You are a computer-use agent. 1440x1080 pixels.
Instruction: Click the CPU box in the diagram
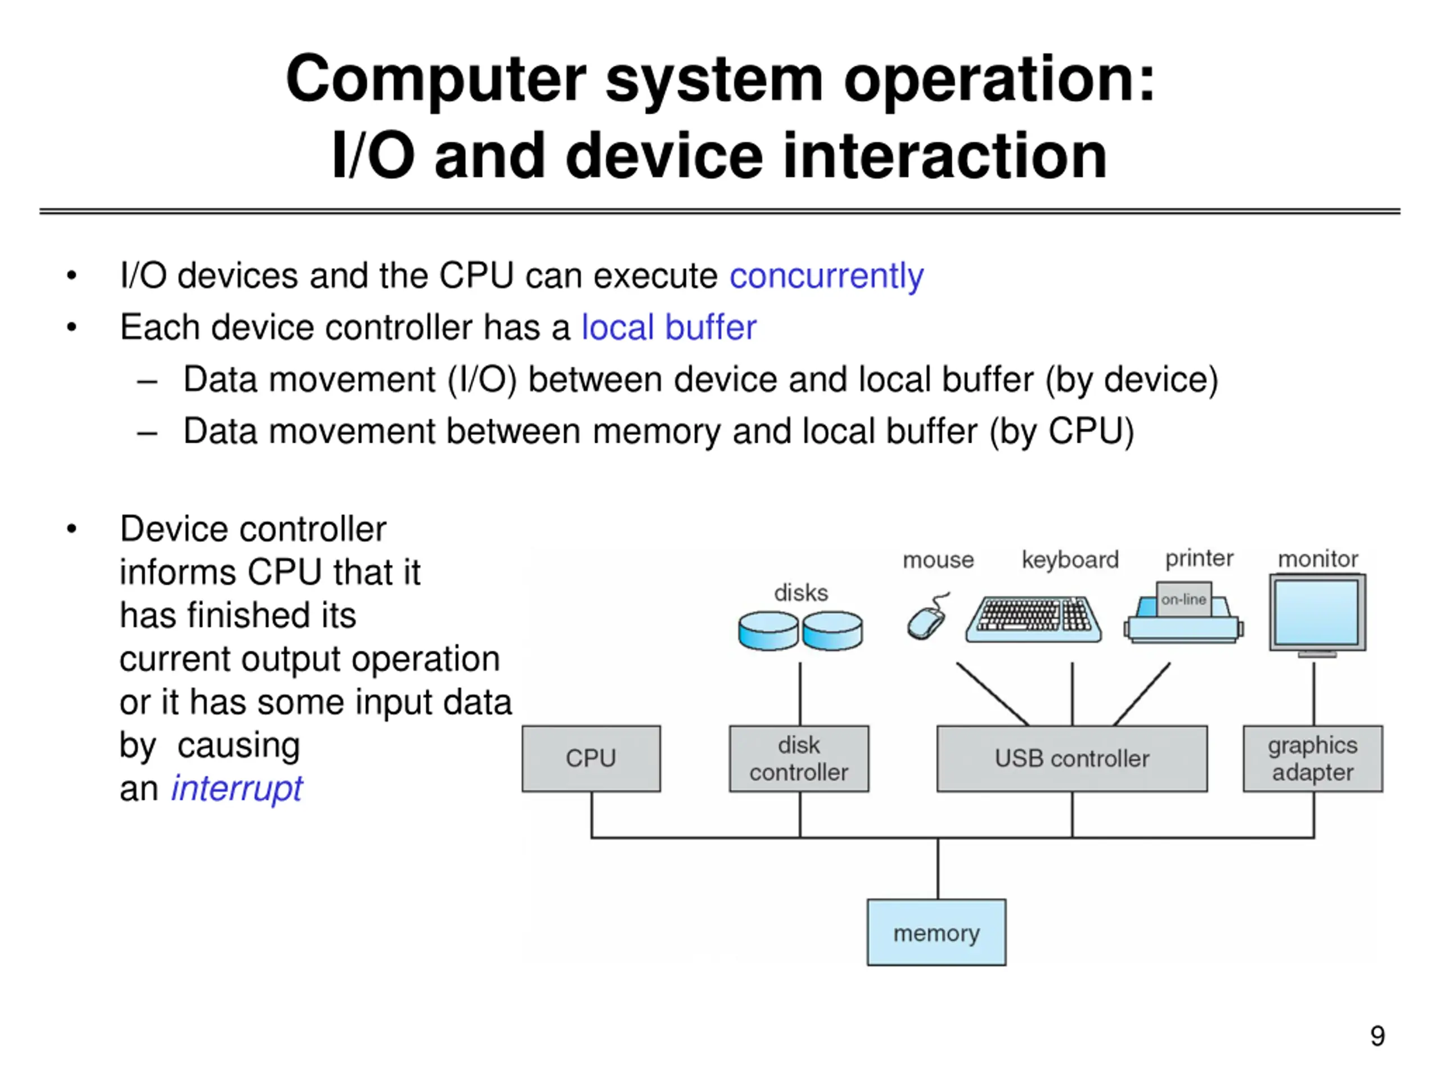click(591, 758)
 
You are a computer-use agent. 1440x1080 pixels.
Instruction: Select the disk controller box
click(799, 758)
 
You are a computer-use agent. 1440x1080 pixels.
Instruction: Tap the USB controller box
click(1072, 758)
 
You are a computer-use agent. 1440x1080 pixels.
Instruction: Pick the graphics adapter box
click(1312, 758)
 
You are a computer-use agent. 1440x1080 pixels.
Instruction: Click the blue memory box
click(936, 932)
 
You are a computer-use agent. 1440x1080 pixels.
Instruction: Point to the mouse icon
click(927, 618)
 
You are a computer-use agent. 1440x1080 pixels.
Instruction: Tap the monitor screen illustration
click(1317, 612)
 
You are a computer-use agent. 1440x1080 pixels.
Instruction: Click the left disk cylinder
click(768, 630)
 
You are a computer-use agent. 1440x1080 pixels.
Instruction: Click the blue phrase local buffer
click(669, 327)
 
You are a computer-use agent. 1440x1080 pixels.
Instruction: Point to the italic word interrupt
click(237, 789)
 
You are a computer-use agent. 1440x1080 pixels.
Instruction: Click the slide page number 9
click(1378, 1036)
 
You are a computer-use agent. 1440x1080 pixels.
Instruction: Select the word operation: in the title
click(998, 79)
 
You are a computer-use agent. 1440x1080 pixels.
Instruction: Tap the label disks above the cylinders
click(801, 593)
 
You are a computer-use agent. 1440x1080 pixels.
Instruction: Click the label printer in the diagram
click(1199, 559)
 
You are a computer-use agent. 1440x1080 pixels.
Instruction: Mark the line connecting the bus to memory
click(938, 868)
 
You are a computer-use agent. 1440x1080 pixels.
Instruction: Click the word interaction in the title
click(944, 156)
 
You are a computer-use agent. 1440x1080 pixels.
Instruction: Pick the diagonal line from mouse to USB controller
click(993, 694)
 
